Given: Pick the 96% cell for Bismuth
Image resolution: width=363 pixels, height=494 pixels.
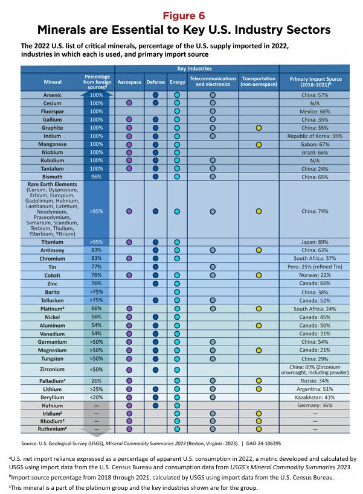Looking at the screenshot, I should click(x=96, y=177).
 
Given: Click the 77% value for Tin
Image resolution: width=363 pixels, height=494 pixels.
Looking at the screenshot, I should click(x=96, y=266).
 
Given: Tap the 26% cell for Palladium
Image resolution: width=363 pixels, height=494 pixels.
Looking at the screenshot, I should click(x=96, y=381).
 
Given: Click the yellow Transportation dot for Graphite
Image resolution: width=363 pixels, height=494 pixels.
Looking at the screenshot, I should click(x=259, y=128).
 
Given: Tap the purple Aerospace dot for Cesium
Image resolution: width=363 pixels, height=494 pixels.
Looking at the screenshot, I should click(x=129, y=104).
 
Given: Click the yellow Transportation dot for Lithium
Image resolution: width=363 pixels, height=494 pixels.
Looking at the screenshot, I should click(x=259, y=389).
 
